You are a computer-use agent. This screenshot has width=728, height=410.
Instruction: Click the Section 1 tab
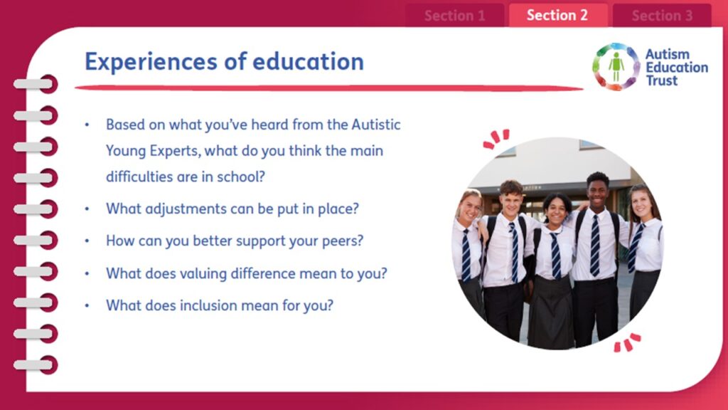coord(454,16)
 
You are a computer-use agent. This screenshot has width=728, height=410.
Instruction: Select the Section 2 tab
coord(557,16)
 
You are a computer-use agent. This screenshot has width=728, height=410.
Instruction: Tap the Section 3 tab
coord(662,16)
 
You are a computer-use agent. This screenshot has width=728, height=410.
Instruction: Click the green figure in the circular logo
coord(616,67)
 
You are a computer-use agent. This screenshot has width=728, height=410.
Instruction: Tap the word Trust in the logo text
coord(662,80)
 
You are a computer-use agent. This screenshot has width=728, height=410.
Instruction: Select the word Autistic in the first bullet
coord(375,125)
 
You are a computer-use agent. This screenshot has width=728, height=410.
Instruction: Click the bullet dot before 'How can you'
coord(87,241)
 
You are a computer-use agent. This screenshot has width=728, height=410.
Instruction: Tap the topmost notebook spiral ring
coord(36,84)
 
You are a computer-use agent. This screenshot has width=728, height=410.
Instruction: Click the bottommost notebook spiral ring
coord(36,365)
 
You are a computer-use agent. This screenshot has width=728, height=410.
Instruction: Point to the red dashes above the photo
coord(496,139)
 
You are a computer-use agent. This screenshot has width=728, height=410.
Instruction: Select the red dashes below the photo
coord(627,342)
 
